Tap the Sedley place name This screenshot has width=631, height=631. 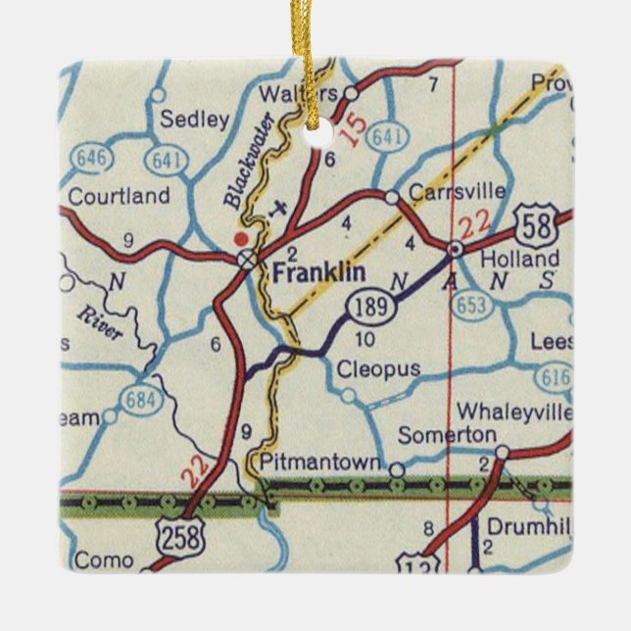click(x=194, y=121)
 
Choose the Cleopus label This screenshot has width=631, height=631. click(x=378, y=369)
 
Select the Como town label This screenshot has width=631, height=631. click(x=103, y=559)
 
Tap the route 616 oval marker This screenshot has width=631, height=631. click(x=556, y=376)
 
